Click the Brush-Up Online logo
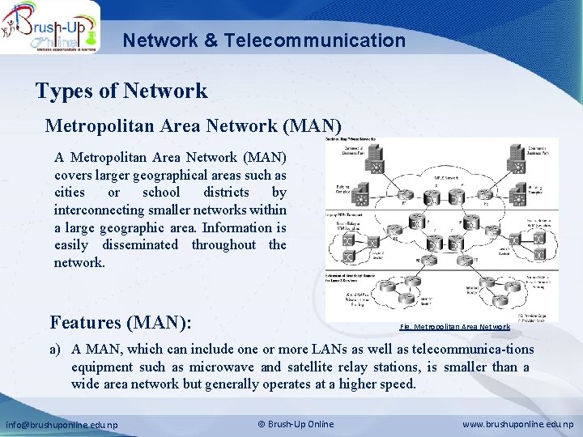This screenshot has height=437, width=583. [x=50, y=27]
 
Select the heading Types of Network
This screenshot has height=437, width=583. [x=121, y=91]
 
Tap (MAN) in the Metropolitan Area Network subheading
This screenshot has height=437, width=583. [x=320, y=126]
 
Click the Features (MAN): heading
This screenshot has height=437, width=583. [x=121, y=323]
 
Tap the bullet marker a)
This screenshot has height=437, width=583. [x=56, y=350]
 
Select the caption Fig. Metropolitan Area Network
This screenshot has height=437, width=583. [x=455, y=327]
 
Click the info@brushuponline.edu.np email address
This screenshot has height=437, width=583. [x=62, y=425]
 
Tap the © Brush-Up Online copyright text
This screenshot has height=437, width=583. [x=296, y=425]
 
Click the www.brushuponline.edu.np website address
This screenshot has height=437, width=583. [x=517, y=425]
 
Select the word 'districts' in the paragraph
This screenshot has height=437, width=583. [x=218, y=193]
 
